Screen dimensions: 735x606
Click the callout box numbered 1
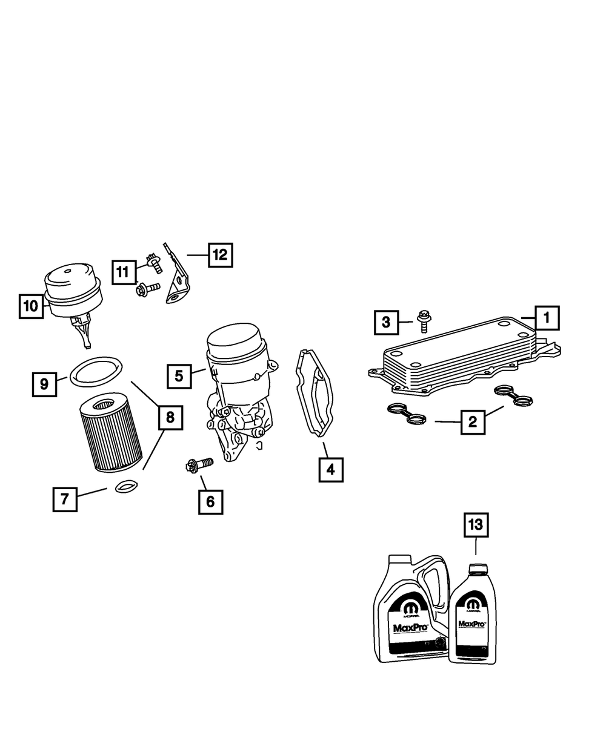[x=546, y=317]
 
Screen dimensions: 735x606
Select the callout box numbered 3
[x=386, y=322]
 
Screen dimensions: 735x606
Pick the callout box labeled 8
[x=170, y=417]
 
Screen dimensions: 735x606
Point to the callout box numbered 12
[x=220, y=255]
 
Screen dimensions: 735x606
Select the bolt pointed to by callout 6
[x=198, y=465]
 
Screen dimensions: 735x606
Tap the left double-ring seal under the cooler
[x=406, y=414]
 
